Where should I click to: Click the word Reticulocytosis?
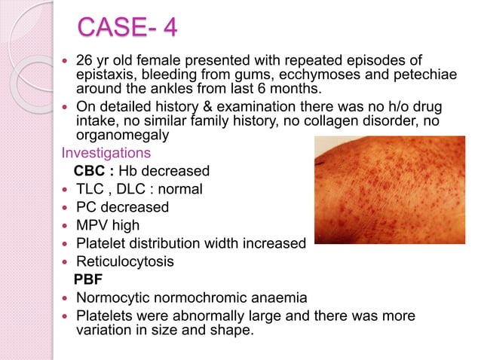[x=125, y=261]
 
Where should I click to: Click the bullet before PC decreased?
[x=65, y=207]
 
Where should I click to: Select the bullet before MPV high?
[x=65, y=225]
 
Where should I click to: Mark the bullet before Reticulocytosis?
[x=65, y=261]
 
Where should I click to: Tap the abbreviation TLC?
[x=90, y=189]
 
